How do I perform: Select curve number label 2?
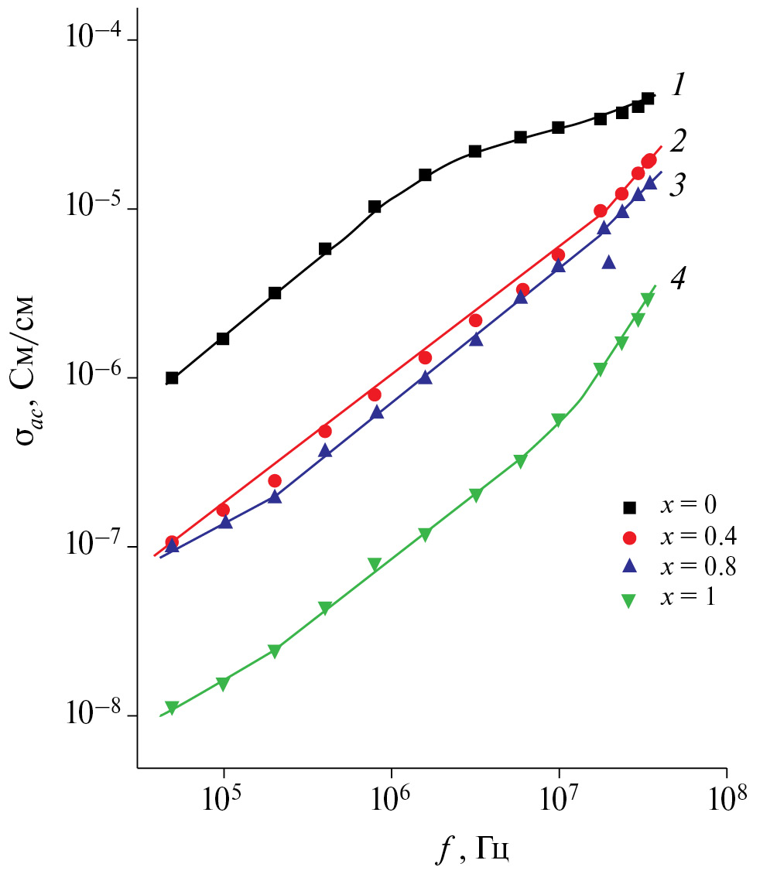(678, 142)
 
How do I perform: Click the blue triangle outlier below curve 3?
(609, 262)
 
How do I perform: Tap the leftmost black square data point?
(172, 378)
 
